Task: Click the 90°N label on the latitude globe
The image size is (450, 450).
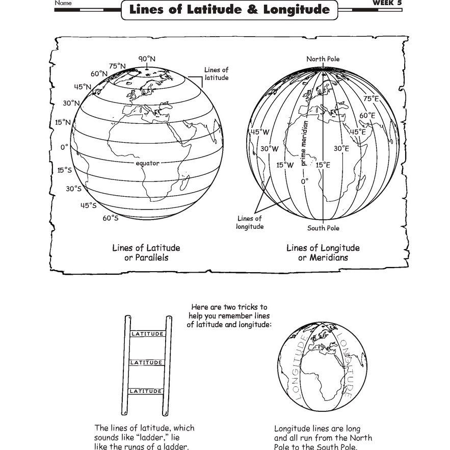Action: pyautogui.click(x=147, y=59)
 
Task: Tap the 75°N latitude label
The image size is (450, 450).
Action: pyautogui.click(x=117, y=66)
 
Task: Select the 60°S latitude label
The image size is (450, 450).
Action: pyautogui.click(x=110, y=218)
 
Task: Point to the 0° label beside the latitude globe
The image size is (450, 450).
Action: pyautogui.click(x=64, y=147)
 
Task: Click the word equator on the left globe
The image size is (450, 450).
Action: pyautogui.click(x=147, y=163)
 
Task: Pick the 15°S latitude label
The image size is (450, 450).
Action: pyautogui.click(x=64, y=170)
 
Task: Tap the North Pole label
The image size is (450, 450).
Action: pyautogui.click(x=323, y=59)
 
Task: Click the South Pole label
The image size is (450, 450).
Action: pyautogui.click(x=323, y=228)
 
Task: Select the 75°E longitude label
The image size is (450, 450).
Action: pyautogui.click(x=371, y=98)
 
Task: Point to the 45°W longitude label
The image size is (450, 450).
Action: pyautogui.click(x=258, y=131)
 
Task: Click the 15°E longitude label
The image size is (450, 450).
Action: pyautogui.click(x=323, y=165)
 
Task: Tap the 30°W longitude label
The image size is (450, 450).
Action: pyautogui.click(x=269, y=149)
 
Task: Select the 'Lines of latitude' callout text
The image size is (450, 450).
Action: pyautogui.click(x=216, y=74)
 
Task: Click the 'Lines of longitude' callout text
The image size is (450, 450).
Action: pyautogui.click(x=250, y=222)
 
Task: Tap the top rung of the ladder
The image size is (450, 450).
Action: pyautogui.click(x=147, y=334)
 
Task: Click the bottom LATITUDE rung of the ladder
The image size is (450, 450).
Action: pyautogui.click(x=147, y=391)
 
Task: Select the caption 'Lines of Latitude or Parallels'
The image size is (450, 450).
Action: pyautogui.click(x=146, y=253)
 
